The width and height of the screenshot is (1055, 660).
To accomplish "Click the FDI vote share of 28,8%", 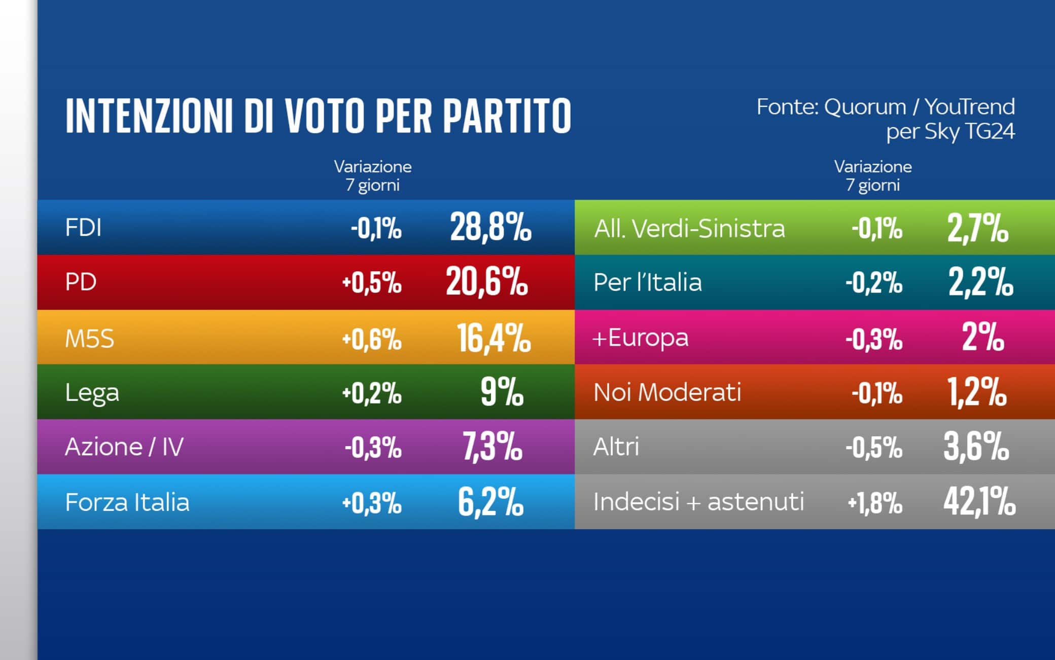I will click(490, 227).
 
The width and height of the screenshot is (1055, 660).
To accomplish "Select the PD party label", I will click(81, 282).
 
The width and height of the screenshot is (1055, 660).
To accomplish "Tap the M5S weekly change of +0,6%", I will click(372, 339).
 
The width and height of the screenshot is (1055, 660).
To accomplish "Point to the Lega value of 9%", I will click(502, 392).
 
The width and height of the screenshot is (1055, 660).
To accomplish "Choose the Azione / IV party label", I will click(124, 447).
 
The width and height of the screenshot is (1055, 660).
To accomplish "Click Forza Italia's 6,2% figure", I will click(490, 502).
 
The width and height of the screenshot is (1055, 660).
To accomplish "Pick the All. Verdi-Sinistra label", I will click(689, 229).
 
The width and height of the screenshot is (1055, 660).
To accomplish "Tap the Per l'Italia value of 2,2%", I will click(980, 282).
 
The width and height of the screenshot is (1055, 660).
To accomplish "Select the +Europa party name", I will click(640, 338).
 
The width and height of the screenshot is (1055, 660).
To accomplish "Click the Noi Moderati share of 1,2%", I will click(977, 392).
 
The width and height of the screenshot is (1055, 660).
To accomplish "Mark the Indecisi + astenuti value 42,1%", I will click(979, 502).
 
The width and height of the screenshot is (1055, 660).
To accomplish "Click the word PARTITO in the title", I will click(507, 117).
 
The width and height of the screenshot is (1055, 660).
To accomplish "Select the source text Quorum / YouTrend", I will click(919, 107).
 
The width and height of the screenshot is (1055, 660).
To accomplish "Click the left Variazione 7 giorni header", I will click(373, 175).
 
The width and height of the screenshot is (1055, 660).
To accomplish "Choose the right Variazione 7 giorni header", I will click(873, 175).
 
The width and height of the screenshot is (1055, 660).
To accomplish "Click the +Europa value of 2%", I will click(982, 338).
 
